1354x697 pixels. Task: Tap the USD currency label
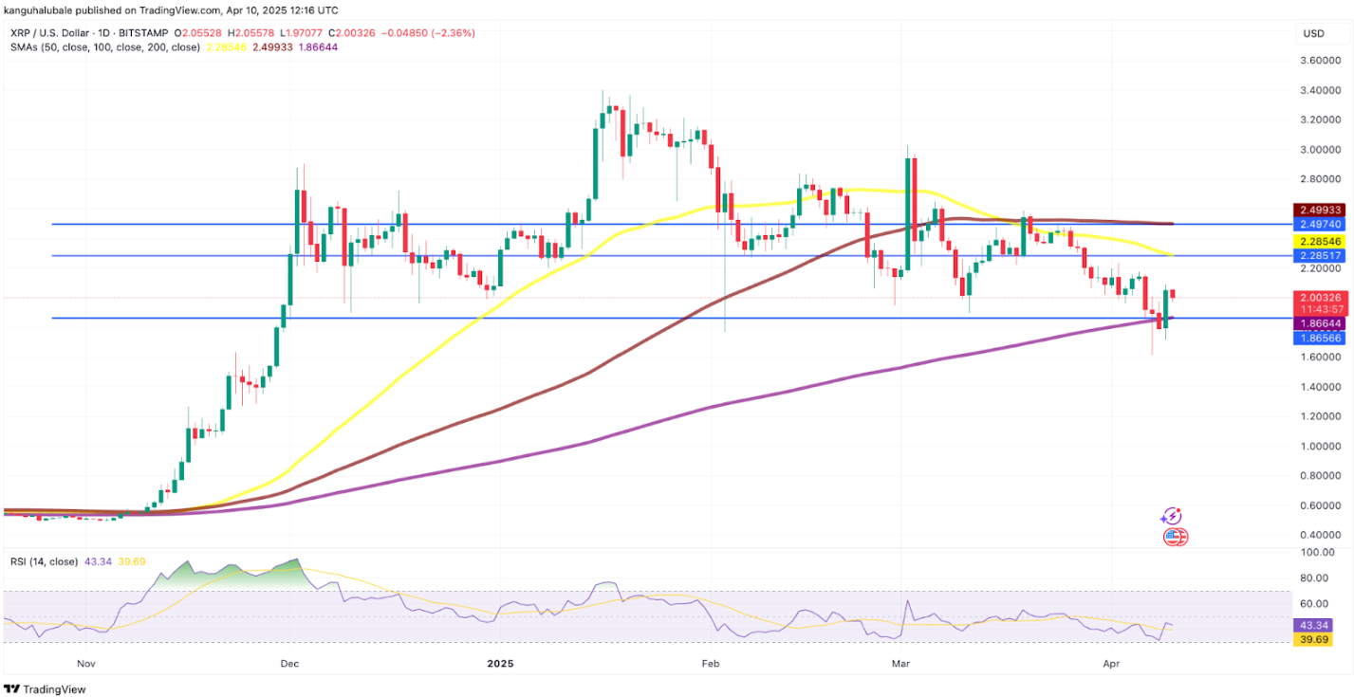[1313, 33]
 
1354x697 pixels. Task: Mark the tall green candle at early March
[910, 213]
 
